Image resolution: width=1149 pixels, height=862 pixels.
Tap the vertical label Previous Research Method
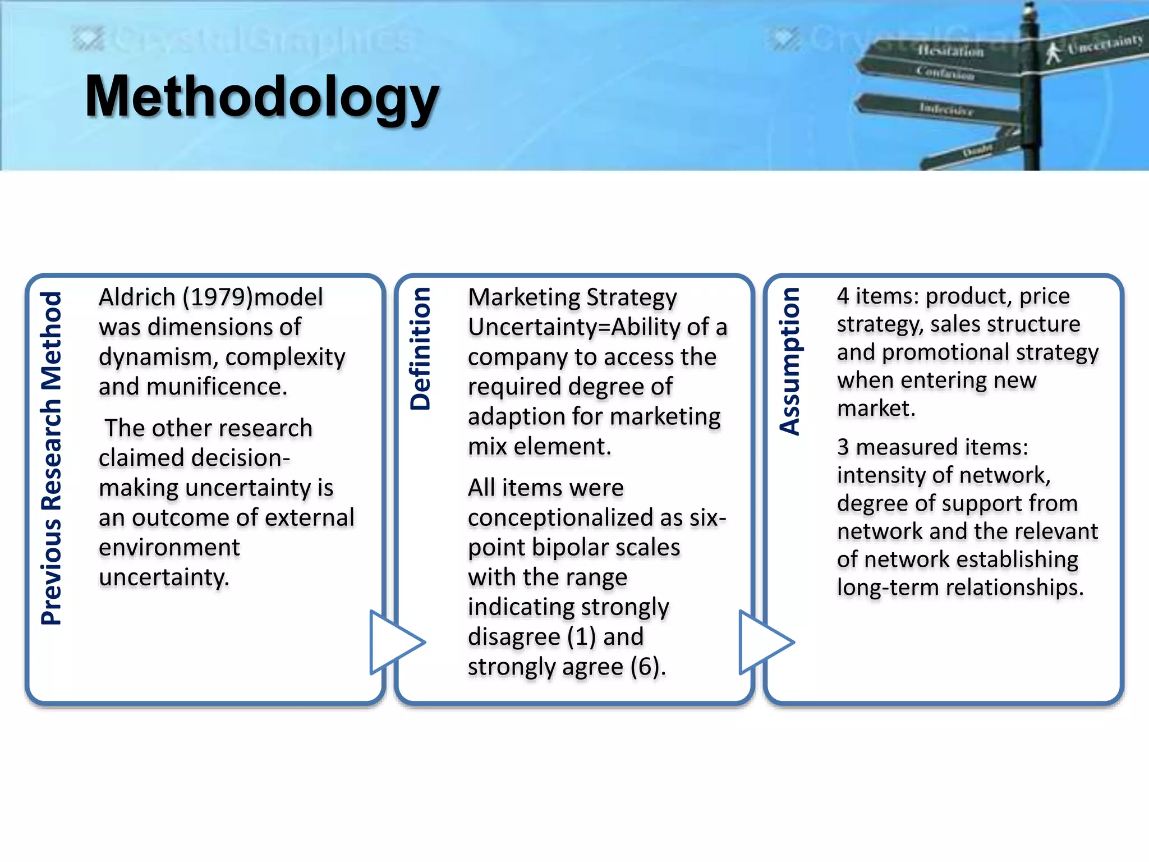click(x=51, y=457)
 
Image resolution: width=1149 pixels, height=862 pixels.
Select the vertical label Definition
click(x=420, y=349)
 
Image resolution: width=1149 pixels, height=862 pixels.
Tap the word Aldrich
click(x=137, y=297)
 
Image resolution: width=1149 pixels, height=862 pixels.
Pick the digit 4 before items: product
click(x=843, y=296)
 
